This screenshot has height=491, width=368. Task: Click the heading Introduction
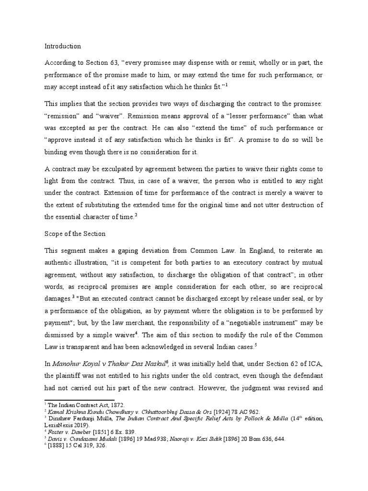[x=63, y=47]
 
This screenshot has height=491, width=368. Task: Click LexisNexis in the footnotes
[x=61, y=424]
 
